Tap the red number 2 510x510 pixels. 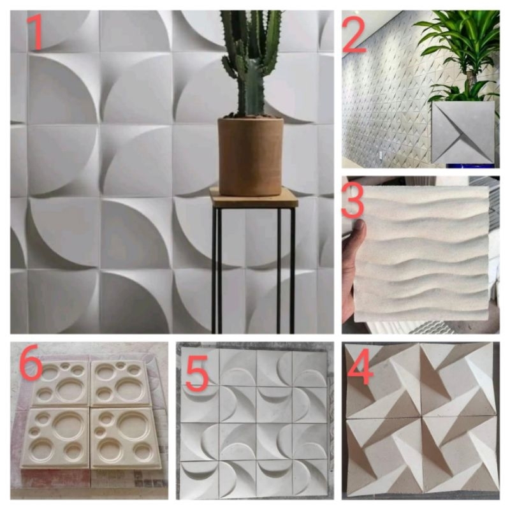click(x=354, y=35)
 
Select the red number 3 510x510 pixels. click(x=353, y=200)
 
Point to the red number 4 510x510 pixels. click(x=360, y=367)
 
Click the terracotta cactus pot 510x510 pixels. click(x=251, y=156)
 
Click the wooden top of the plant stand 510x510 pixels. click(x=254, y=197)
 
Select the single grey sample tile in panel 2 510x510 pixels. click(x=463, y=133)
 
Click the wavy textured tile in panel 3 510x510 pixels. click(x=422, y=254)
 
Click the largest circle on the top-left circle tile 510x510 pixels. click(x=70, y=389)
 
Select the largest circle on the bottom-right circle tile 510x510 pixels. click(x=133, y=425)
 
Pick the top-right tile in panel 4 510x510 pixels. click(x=458, y=380)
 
